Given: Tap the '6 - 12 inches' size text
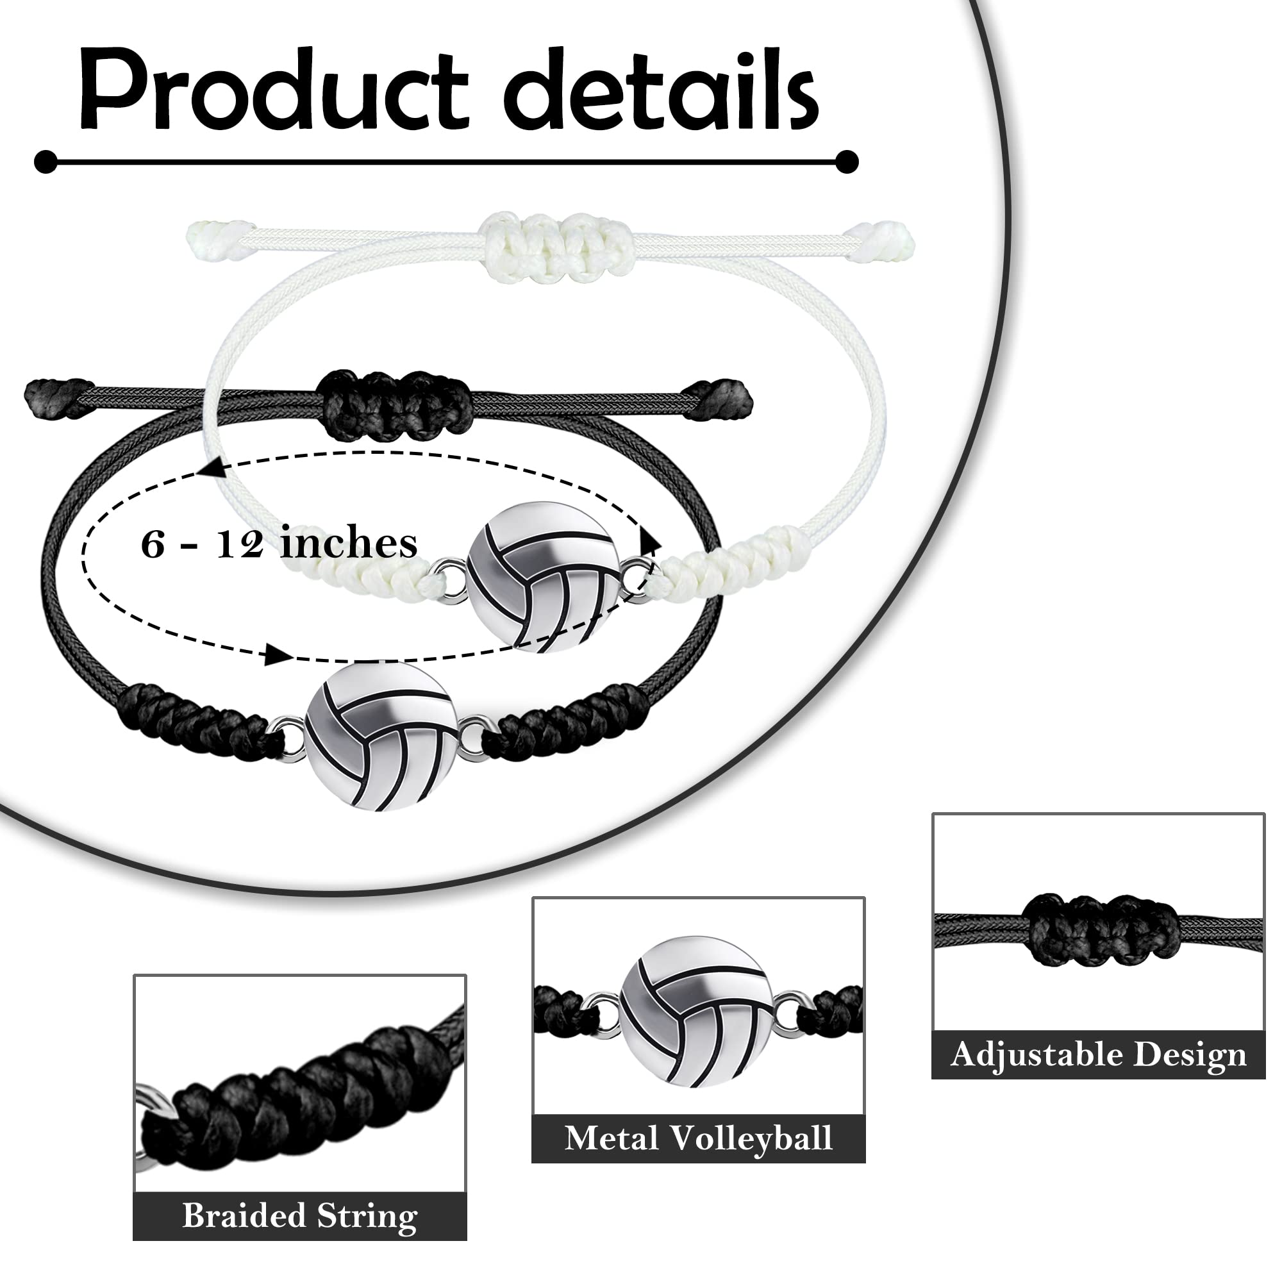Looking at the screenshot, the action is (x=279, y=544).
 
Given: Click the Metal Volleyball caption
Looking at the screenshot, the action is (x=698, y=1138).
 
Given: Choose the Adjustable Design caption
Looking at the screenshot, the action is (x=1098, y=1054).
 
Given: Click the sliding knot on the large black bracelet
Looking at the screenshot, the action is (x=395, y=406).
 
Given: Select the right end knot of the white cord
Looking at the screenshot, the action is (x=883, y=240).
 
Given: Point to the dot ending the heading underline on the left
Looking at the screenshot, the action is (x=46, y=162).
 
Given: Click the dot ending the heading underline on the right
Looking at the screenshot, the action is (x=847, y=162).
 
